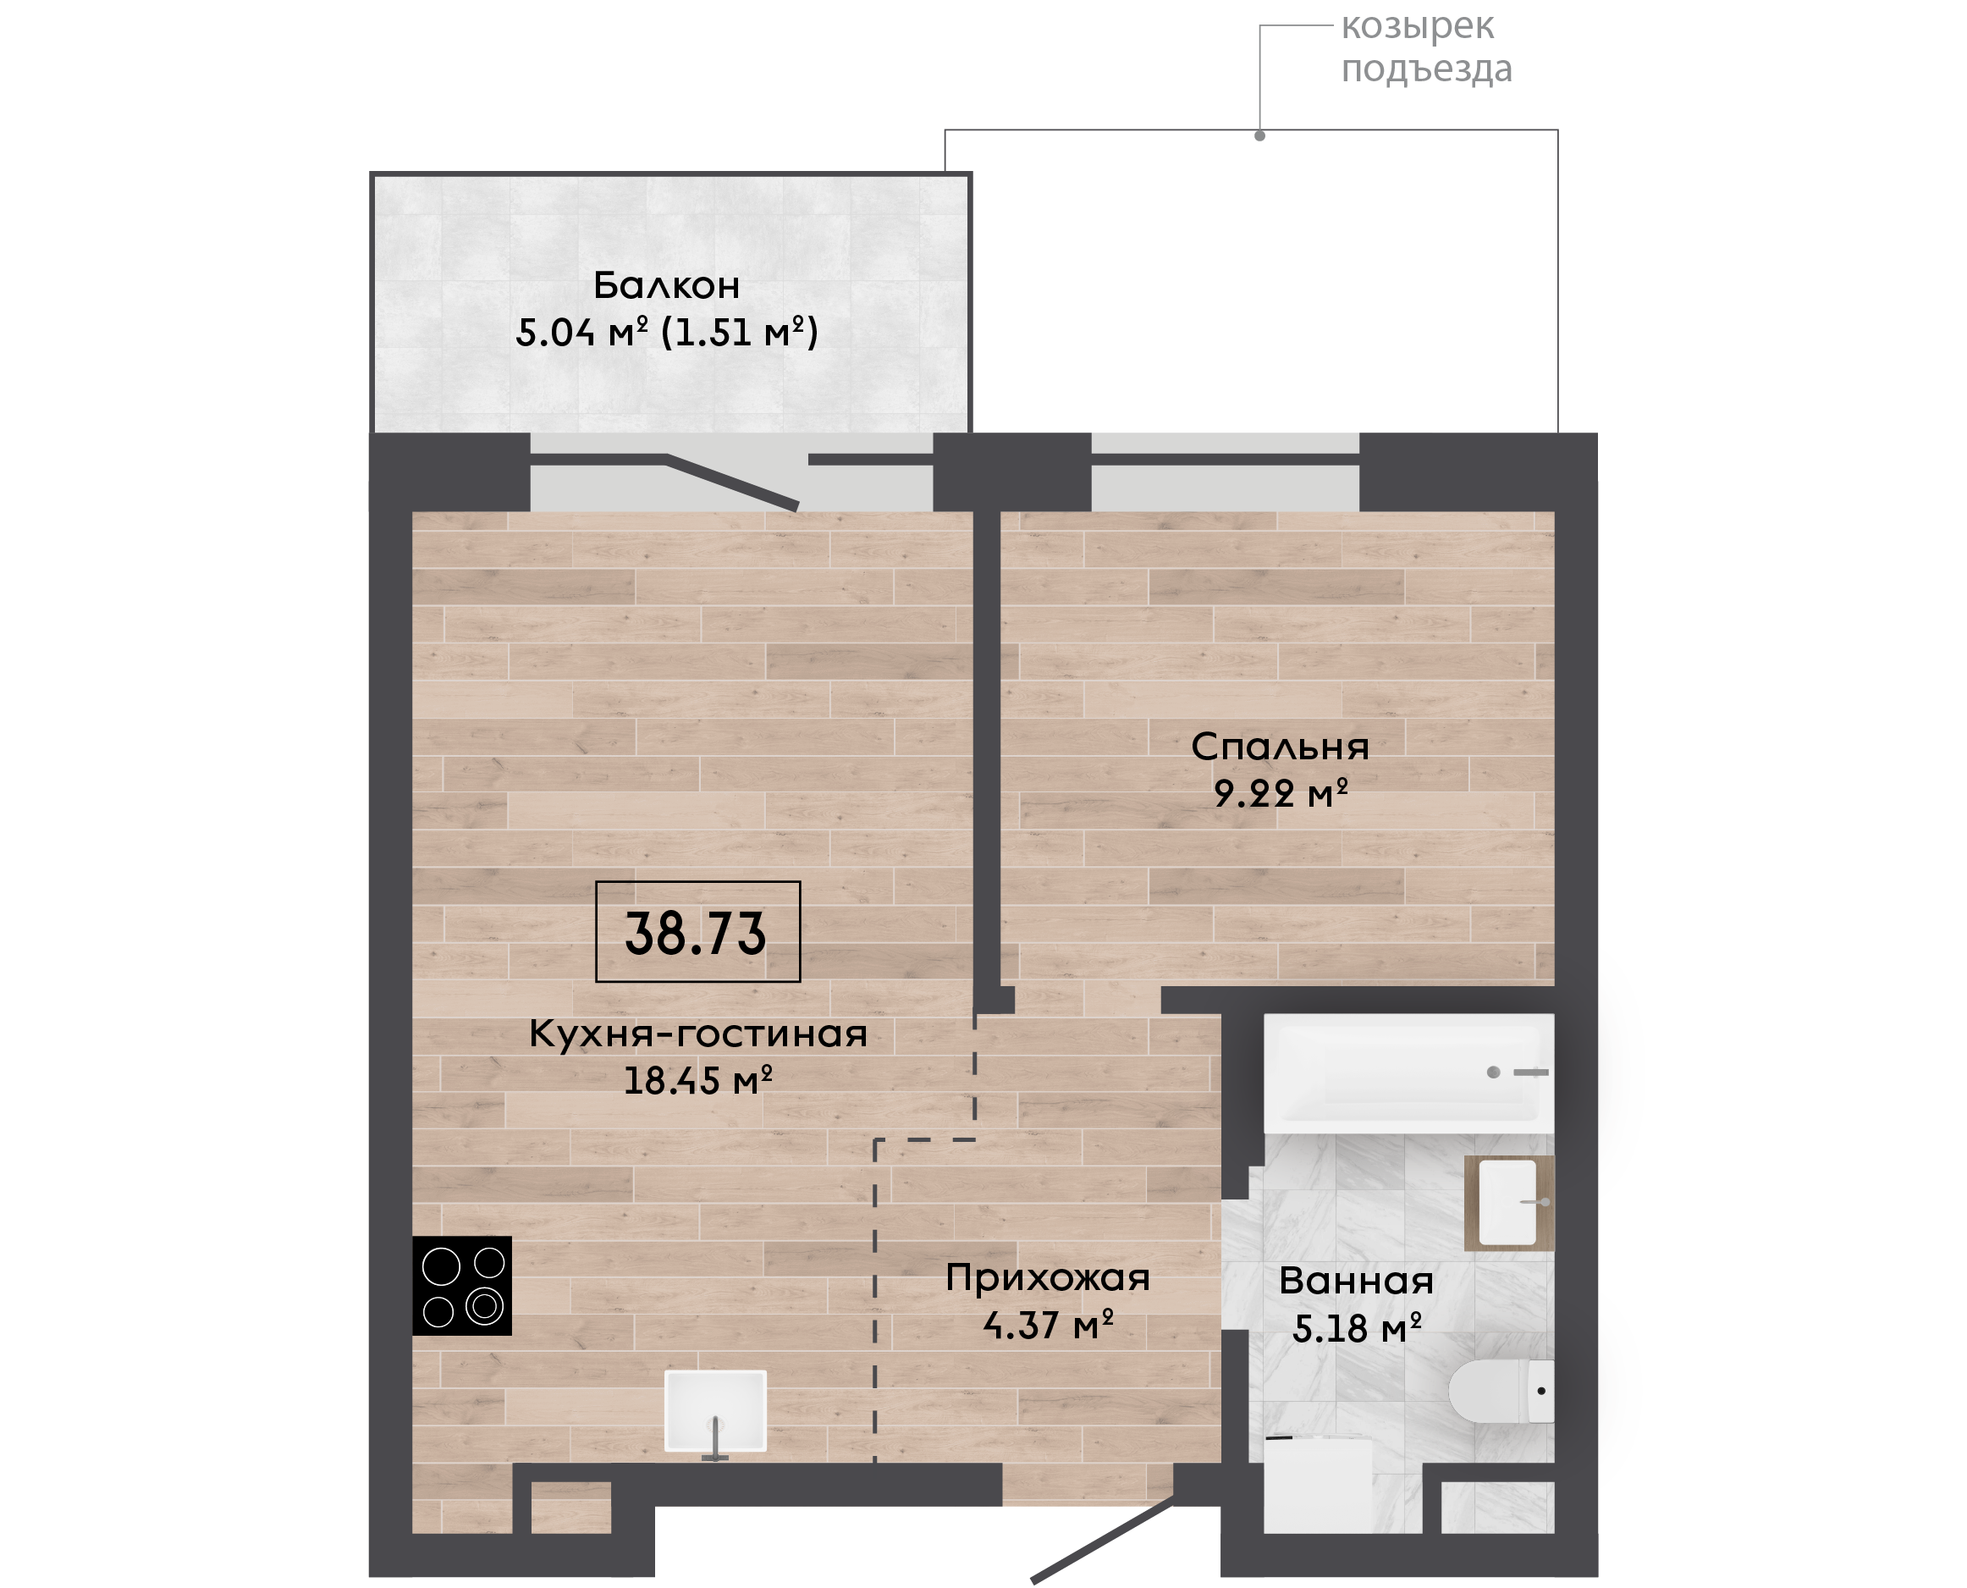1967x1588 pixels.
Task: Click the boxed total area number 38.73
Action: click(x=695, y=933)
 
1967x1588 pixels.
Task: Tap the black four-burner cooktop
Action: click(x=462, y=1285)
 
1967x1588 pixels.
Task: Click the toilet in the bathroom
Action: click(x=1501, y=1391)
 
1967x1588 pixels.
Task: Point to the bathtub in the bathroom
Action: click(x=1408, y=1073)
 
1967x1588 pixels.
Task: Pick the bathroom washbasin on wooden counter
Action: click(x=1509, y=1203)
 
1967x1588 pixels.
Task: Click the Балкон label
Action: click(x=667, y=285)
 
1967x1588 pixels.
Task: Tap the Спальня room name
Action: click(x=1281, y=747)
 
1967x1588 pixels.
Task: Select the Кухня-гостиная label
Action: click(x=697, y=1034)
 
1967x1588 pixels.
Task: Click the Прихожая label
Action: click(x=1048, y=1278)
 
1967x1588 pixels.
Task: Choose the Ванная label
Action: click(x=1356, y=1281)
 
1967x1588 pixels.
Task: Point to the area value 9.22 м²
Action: click(x=1281, y=792)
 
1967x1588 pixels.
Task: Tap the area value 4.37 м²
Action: click(x=1048, y=1324)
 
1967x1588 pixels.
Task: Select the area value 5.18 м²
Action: click(x=1356, y=1327)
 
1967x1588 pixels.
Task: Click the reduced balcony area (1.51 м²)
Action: click(x=739, y=331)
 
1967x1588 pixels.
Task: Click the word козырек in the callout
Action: click(x=1418, y=27)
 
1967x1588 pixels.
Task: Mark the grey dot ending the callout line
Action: click(x=1260, y=135)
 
